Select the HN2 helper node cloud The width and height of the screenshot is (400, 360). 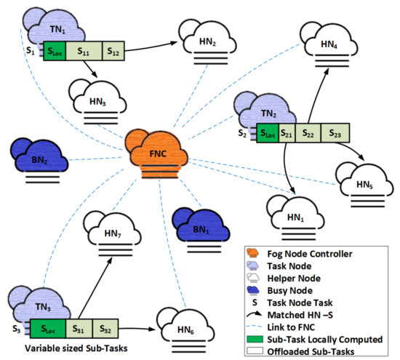(x=207, y=41)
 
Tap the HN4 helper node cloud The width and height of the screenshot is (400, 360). (x=327, y=45)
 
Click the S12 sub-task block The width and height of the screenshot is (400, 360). (x=113, y=52)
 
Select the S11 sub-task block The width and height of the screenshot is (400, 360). (x=84, y=52)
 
